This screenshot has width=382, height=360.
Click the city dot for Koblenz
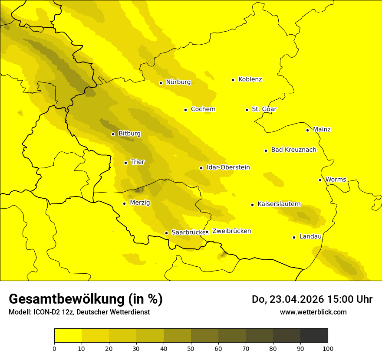(x=233, y=80)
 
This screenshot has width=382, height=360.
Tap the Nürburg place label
(x=178, y=82)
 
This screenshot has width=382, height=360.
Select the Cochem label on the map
(x=203, y=109)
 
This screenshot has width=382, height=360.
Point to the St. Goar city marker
(x=247, y=110)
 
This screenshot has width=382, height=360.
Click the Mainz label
(x=322, y=130)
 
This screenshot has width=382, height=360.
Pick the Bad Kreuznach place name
(x=293, y=150)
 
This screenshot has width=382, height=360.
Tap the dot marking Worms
(x=320, y=180)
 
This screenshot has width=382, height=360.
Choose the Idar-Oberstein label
(x=228, y=167)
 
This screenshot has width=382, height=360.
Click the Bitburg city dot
(x=113, y=134)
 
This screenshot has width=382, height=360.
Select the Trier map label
(x=138, y=162)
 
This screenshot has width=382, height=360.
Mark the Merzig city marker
(x=125, y=203)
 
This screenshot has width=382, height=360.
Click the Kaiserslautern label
(x=279, y=204)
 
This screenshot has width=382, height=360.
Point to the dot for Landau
(x=294, y=237)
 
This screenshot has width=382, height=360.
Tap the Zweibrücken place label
(x=231, y=231)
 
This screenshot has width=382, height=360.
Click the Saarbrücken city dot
(x=166, y=233)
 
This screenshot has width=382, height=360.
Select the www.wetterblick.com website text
(x=313, y=312)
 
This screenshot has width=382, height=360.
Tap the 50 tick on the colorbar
(x=191, y=348)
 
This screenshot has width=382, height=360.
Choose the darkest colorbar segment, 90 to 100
(x=314, y=335)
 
